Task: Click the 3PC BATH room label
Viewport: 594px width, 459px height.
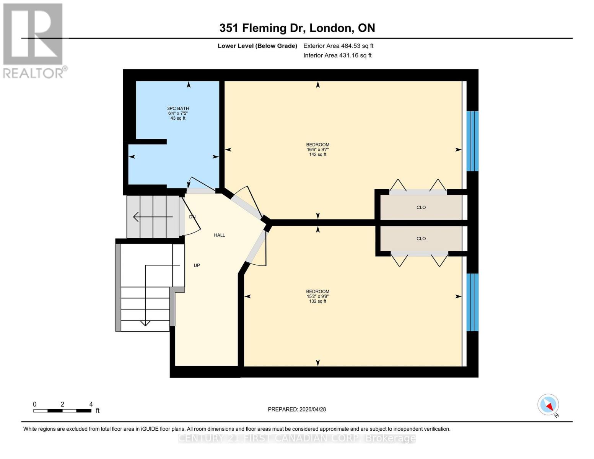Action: pyautogui.click(x=178, y=108)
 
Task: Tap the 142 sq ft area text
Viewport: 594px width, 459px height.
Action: pyautogui.click(x=317, y=155)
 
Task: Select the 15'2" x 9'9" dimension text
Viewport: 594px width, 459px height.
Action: pyautogui.click(x=317, y=296)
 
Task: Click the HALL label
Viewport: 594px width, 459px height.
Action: pyautogui.click(x=219, y=235)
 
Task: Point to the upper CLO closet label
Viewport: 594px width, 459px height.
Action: pyautogui.click(x=421, y=207)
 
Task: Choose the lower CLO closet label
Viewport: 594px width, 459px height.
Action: pyautogui.click(x=421, y=239)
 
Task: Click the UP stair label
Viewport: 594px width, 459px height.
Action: pyautogui.click(x=197, y=265)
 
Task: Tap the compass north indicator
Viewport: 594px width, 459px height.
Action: pyautogui.click(x=548, y=405)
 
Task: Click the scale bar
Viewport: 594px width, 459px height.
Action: pyautogui.click(x=62, y=411)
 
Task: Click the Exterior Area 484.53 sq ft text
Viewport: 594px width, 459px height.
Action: pyautogui.click(x=338, y=46)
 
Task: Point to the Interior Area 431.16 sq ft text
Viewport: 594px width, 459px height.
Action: pyautogui.click(x=337, y=55)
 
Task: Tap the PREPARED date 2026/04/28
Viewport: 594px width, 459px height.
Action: pyautogui.click(x=296, y=409)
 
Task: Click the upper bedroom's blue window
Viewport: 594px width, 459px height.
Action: pyautogui.click(x=472, y=141)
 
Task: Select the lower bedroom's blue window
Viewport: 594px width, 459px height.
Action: pyautogui.click(x=472, y=302)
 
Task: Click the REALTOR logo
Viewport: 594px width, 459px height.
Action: pyautogui.click(x=33, y=40)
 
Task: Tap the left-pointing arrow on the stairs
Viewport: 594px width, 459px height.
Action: pyautogui.click(x=136, y=217)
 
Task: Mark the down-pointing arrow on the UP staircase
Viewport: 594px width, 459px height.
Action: pyautogui.click(x=145, y=323)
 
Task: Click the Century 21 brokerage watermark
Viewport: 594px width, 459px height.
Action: pyautogui.click(x=297, y=438)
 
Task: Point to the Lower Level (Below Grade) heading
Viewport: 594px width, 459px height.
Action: pyautogui.click(x=257, y=46)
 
